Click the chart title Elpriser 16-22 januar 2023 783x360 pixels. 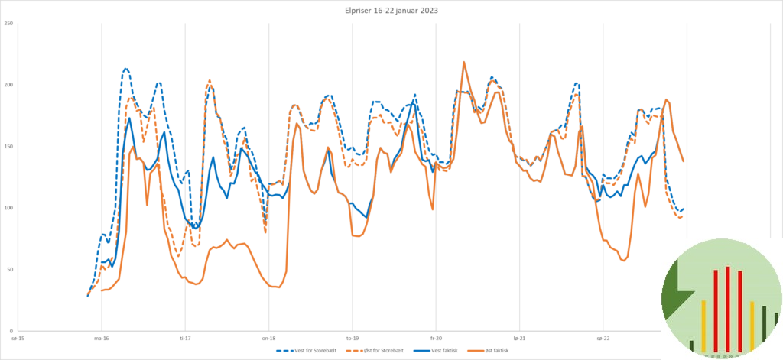(391, 11)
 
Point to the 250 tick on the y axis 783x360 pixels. (8, 24)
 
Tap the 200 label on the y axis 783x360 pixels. (8, 85)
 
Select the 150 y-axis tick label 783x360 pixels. (8, 147)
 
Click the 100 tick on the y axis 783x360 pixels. (8, 208)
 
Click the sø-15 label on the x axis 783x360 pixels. (18, 337)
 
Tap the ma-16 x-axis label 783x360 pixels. (101, 337)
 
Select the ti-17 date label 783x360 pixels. (185, 337)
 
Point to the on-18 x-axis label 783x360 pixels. (268, 337)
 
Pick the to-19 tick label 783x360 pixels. (352, 337)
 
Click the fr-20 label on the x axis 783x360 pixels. (436, 337)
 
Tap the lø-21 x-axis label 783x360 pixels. (519, 337)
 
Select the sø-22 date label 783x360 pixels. (603, 337)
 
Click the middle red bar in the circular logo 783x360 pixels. (728, 310)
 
